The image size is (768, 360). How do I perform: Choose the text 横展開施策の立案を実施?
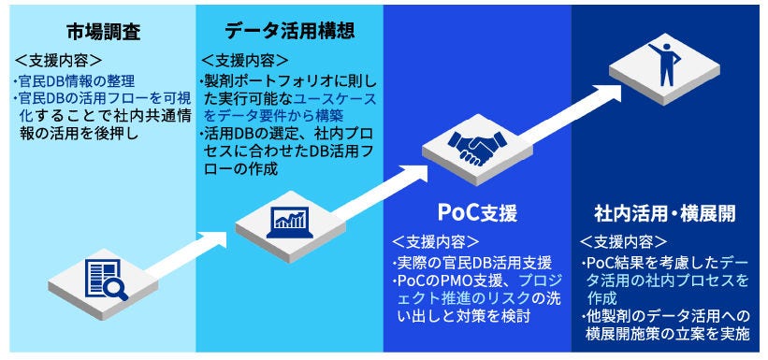[x=673, y=335]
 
